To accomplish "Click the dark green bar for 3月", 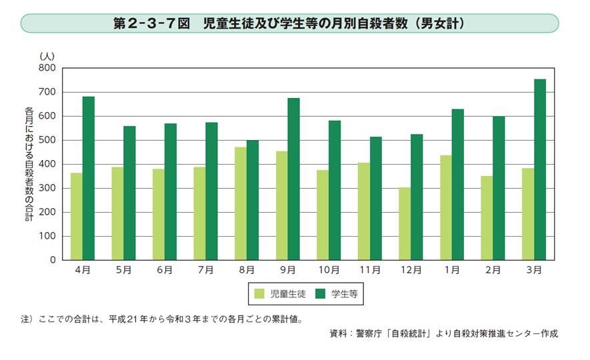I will click(539, 169).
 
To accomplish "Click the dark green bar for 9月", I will click(293, 179).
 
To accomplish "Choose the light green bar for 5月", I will click(117, 213).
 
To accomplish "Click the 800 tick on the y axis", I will click(47, 68).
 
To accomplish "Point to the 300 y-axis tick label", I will click(47, 188).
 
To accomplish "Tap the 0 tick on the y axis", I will click(52, 260).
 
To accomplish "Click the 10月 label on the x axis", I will click(329, 270).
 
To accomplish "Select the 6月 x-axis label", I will click(164, 270).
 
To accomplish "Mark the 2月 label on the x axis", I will click(493, 270).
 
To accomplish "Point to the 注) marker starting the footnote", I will click(27, 319).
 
